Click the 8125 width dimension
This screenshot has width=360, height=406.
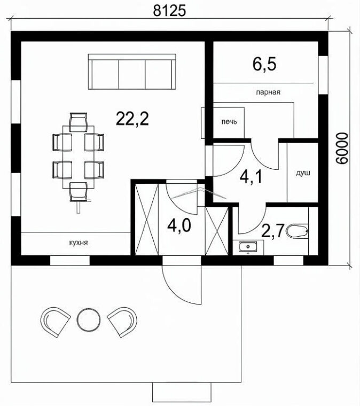click(169, 11)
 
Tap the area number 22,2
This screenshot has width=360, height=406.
click(132, 119)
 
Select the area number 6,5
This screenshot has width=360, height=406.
click(264, 65)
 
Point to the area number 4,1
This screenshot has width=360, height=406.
click(251, 177)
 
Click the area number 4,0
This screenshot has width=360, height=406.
click(179, 225)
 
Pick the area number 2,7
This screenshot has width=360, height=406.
click(272, 231)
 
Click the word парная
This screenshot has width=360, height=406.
click(268, 92)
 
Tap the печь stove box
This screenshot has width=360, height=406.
click(229, 122)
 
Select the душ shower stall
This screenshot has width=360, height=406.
click(302, 173)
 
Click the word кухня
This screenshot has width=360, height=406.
click(79, 243)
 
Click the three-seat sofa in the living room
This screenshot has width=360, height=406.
click(132, 72)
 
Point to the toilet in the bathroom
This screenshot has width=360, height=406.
click(297, 231)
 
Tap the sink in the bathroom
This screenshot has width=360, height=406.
click(248, 247)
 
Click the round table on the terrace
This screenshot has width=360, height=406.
click(89, 320)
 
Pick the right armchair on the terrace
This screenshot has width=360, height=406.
click(122, 322)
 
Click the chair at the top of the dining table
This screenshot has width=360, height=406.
click(78, 122)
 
